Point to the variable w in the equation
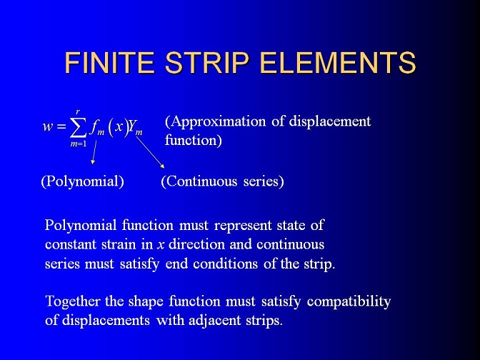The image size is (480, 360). coord(48,126)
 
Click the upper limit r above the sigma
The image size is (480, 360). coord(78,112)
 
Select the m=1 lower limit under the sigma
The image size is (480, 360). coord(79,144)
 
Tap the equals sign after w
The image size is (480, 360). coord(61,126)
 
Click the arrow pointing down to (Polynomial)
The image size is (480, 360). coord(94,152)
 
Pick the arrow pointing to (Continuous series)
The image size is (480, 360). coord(150,152)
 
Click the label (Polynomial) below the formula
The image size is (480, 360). coord(83,181)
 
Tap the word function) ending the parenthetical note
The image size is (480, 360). coord(193,141)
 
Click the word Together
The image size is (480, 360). coord(73,301)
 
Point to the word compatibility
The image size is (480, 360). coord(349,302)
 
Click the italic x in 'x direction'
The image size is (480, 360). coord(161,245)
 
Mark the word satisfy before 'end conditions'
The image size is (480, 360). coord(139,264)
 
